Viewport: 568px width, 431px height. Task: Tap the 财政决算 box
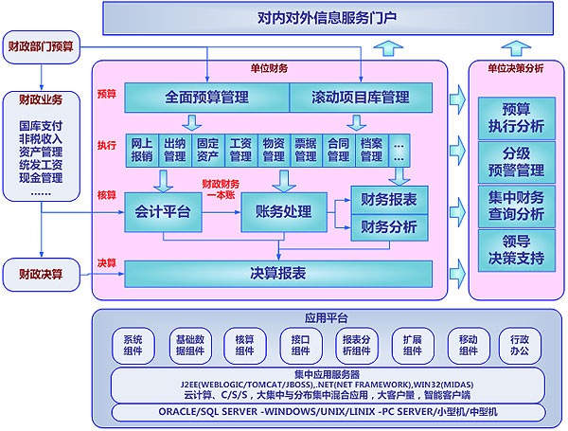[42, 275]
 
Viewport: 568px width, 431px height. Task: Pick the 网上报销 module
[141, 150]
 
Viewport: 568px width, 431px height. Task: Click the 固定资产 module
[207, 150]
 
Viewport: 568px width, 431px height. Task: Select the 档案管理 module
[371, 150]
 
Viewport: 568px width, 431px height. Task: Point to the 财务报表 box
[389, 199]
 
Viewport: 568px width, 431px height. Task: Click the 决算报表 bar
[278, 273]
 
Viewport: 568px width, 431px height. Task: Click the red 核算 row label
[106, 196]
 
